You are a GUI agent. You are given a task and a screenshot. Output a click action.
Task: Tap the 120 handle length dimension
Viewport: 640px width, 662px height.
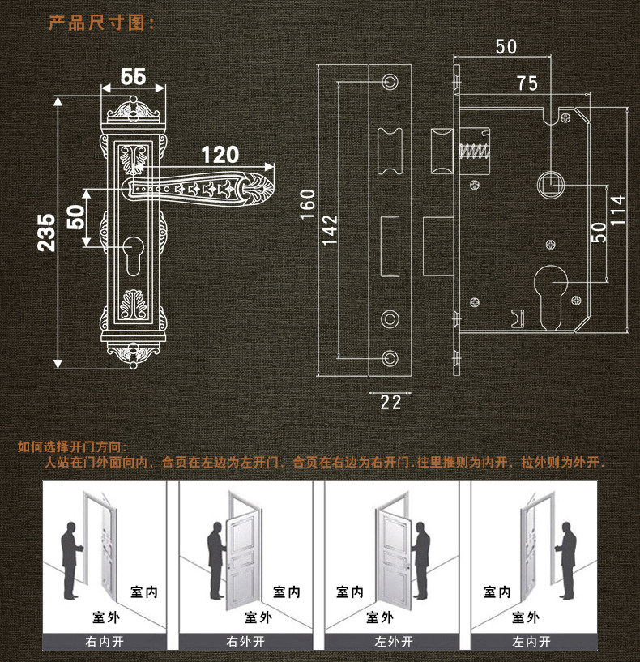pos(220,154)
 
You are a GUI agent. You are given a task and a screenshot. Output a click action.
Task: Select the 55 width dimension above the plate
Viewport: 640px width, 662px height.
pos(133,77)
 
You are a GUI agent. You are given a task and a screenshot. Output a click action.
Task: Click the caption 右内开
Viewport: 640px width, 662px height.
pos(105,642)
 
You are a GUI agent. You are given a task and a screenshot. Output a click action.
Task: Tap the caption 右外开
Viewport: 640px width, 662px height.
pos(245,642)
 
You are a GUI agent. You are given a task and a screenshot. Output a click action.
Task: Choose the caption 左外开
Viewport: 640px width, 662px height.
pos(393,642)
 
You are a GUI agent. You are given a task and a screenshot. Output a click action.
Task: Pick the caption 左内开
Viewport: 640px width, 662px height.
pos(531,642)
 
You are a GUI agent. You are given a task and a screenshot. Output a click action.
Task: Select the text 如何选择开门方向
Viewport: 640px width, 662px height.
pos(72,446)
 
